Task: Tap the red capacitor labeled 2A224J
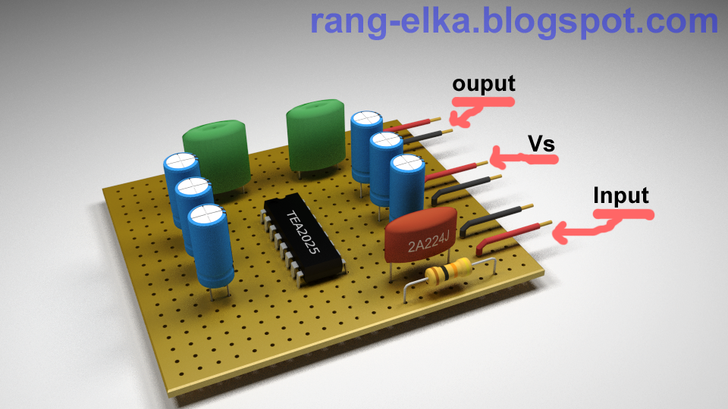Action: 420,239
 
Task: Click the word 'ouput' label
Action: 483,83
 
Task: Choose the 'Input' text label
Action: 621,195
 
